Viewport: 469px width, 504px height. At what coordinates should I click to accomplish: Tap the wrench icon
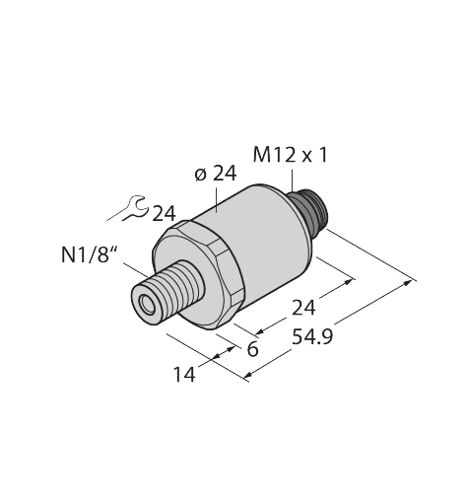tap(127, 211)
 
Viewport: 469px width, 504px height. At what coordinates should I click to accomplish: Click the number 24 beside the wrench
tap(164, 212)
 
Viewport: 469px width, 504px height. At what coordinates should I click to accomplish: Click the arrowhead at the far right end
tap(411, 282)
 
